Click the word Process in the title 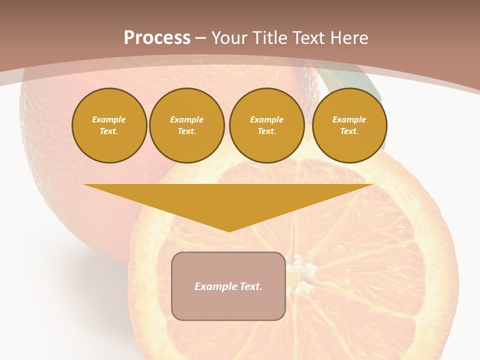pyautogui.click(x=157, y=38)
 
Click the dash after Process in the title pyautogui.click(x=201, y=38)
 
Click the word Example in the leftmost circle pyautogui.click(x=109, y=119)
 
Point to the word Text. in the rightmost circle pyautogui.click(x=349, y=131)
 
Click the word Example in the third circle pyautogui.click(x=267, y=119)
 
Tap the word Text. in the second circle pyautogui.click(x=187, y=131)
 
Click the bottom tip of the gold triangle pyautogui.click(x=229, y=231)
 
